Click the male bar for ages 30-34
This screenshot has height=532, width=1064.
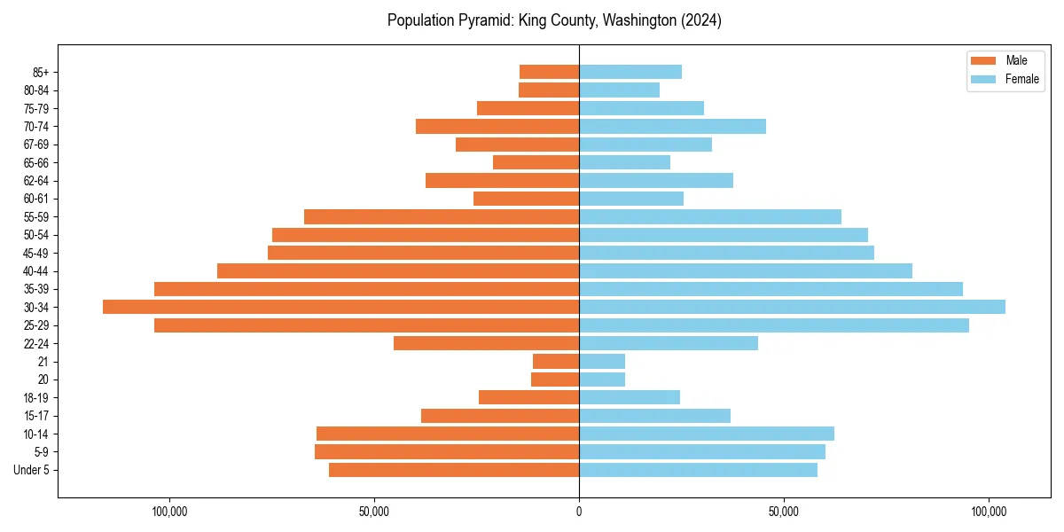pos(340,307)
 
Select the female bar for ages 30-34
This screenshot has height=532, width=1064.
pos(792,307)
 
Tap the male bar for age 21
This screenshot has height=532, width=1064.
pos(556,361)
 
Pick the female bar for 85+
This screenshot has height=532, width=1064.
pos(630,72)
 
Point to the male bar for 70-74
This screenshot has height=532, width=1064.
pos(497,126)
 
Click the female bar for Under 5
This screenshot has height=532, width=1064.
pos(698,470)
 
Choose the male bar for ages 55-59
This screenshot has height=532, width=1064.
pos(442,216)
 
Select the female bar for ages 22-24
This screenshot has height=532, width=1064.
pos(669,343)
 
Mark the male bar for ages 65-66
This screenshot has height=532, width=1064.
pos(536,162)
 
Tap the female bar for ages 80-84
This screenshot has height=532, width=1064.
pos(619,90)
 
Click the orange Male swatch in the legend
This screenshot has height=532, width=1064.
pos(984,60)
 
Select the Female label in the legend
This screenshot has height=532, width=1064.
pos(1021,79)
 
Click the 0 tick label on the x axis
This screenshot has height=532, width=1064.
pos(579,512)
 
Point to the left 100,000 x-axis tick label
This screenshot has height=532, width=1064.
pos(168,512)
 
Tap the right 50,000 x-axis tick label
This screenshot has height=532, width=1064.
pos(784,512)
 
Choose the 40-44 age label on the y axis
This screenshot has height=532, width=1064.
pos(35,271)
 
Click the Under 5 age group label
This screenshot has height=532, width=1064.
pos(31,470)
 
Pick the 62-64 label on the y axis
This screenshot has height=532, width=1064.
pos(35,181)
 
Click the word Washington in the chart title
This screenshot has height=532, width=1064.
pos(635,20)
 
